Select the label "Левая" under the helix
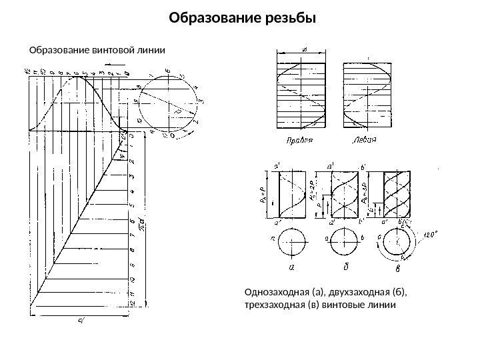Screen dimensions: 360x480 coord(363,141)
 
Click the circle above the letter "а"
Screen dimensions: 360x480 coord(292,241)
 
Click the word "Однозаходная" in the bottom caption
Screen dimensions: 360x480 coord(275,292)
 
